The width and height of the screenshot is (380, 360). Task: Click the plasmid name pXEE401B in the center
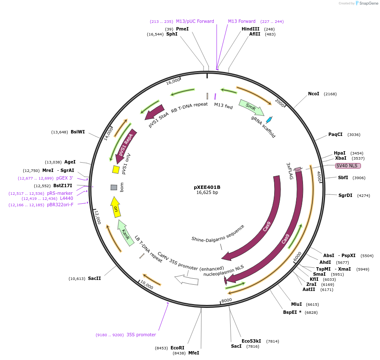pos(207,187)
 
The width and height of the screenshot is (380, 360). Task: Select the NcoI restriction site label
pos(314,94)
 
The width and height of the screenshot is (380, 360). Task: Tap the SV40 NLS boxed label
pos(348,166)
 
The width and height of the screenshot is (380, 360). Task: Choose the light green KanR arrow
pos(125,233)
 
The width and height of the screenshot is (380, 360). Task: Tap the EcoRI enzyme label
pos(178,348)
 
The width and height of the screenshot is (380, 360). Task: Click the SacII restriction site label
pos(94,278)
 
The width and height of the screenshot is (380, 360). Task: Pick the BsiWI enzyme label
pos(78,132)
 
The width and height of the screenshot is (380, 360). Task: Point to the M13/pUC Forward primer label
pos(195,21)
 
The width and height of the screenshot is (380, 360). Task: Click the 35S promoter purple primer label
pos(141,335)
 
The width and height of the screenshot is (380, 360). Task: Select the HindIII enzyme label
pos(251,29)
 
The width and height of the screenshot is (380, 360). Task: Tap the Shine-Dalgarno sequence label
pos(218,233)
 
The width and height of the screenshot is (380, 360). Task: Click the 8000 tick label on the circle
pos(227,300)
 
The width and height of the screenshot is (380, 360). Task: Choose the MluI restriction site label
pos(296,304)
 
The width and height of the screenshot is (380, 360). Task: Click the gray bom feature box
pos(114,187)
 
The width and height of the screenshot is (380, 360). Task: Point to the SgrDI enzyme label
pos(345,195)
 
